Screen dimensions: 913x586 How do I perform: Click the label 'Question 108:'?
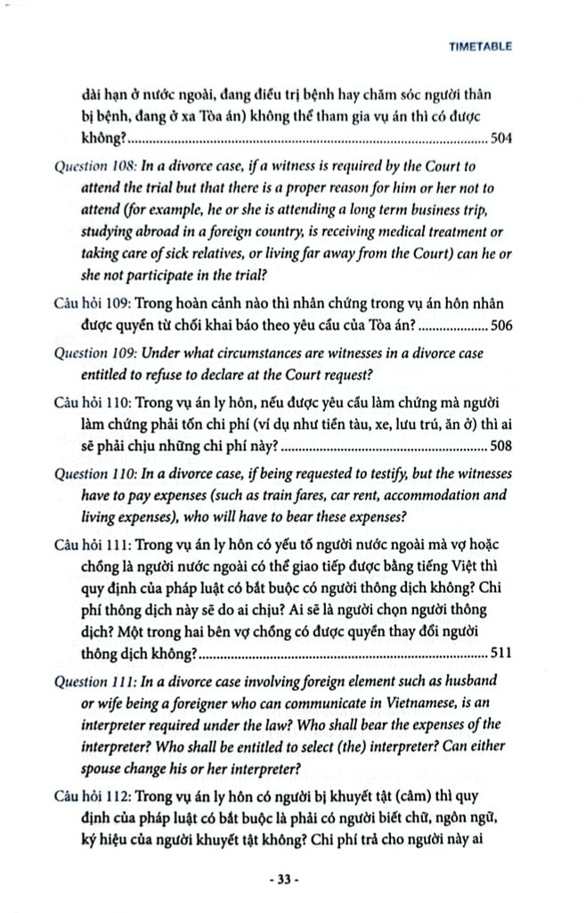coord(95,166)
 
